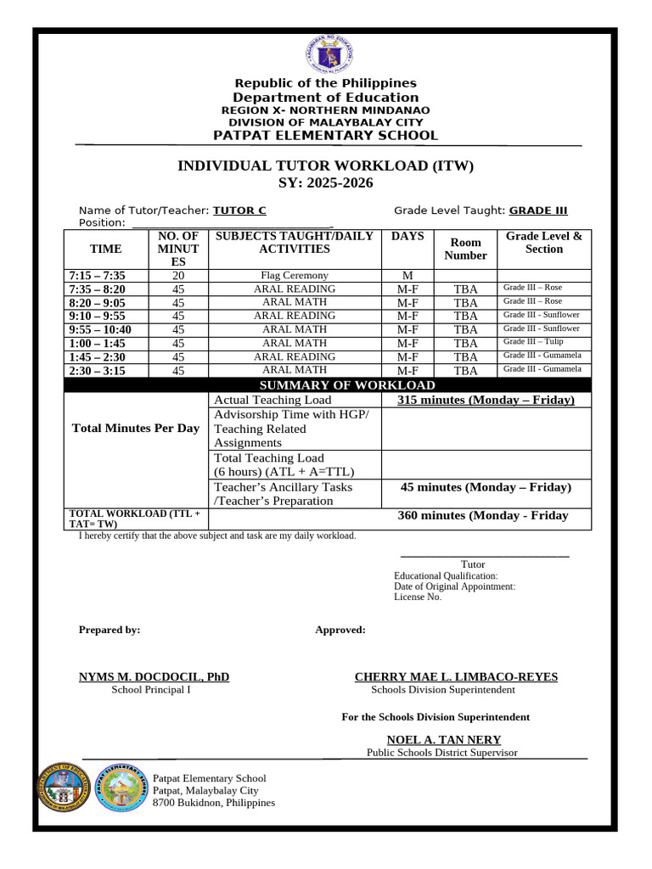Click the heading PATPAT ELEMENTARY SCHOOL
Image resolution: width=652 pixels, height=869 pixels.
click(x=326, y=136)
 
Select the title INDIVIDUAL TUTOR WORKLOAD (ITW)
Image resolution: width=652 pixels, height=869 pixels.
click(x=326, y=165)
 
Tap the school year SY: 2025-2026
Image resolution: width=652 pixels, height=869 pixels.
click(x=326, y=183)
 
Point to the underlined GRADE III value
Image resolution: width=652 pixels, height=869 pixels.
click(x=538, y=210)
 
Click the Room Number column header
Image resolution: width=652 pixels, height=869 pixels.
click(x=465, y=249)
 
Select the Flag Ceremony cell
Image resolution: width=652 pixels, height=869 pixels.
click(x=294, y=276)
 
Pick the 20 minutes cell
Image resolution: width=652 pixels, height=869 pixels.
click(x=178, y=276)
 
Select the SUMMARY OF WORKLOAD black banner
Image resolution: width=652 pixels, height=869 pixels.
click(x=327, y=385)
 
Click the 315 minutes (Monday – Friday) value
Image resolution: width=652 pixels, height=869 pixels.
click(x=486, y=400)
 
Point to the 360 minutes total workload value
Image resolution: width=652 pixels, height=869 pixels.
click(x=483, y=515)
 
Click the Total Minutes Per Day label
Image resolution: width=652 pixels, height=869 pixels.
click(x=136, y=429)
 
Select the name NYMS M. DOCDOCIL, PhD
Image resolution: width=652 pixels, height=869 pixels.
click(x=154, y=676)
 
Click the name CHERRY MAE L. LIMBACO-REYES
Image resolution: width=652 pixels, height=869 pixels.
click(x=455, y=676)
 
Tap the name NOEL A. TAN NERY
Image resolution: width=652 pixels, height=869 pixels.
click(x=443, y=739)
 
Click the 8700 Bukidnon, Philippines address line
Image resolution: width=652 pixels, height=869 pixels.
click(x=213, y=803)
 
